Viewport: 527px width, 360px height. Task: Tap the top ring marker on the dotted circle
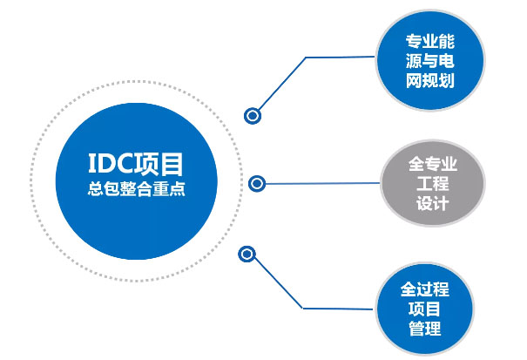coord(253,114)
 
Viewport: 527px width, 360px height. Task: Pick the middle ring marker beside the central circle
coord(256,183)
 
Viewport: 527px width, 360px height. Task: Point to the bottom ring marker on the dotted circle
coord(247,255)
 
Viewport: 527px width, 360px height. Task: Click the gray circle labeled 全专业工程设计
coord(431,184)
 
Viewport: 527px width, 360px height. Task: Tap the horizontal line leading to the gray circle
coord(322,184)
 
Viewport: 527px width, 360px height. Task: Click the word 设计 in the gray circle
coord(431,205)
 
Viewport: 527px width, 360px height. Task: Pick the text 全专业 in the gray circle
coord(431,164)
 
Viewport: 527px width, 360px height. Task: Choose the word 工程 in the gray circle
coord(431,184)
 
